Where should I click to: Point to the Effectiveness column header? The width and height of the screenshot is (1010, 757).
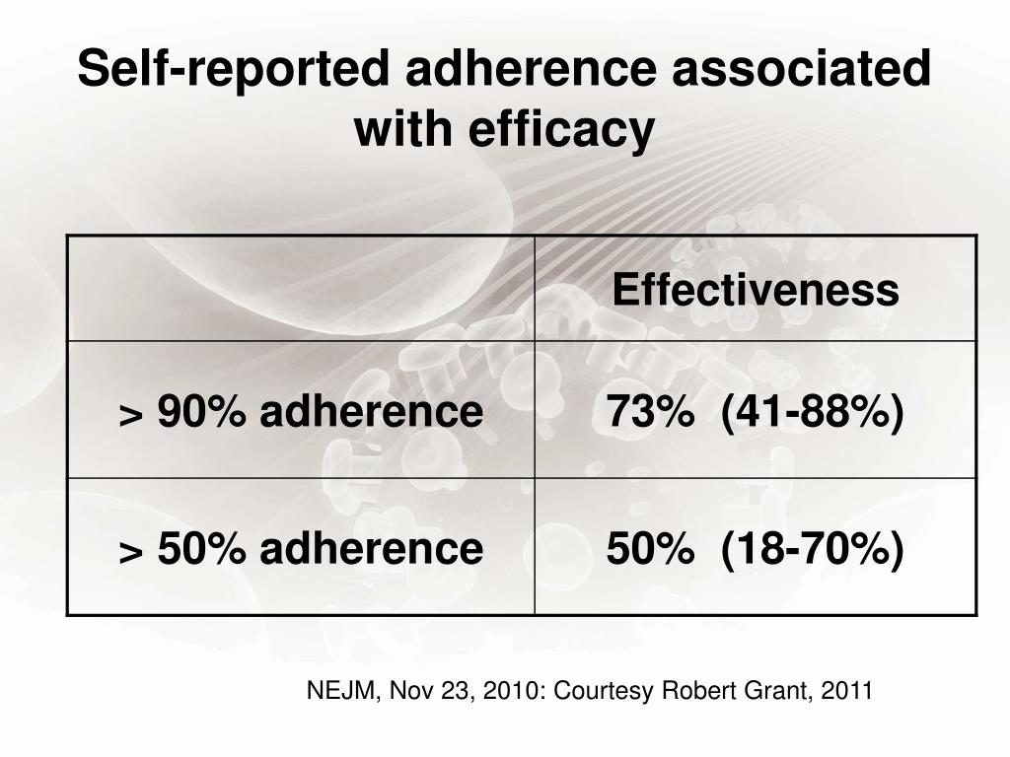(x=756, y=290)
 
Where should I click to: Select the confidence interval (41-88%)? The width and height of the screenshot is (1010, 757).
(x=813, y=412)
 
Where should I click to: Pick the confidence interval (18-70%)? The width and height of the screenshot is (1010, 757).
(x=813, y=550)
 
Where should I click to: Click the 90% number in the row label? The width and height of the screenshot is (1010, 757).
(x=201, y=411)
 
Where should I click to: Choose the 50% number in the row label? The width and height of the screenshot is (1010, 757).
(x=201, y=548)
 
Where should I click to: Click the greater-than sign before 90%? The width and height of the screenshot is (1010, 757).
(x=131, y=416)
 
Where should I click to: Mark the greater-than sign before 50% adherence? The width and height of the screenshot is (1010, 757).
(x=131, y=554)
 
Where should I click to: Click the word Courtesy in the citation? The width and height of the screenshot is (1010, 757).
(x=605, y=691)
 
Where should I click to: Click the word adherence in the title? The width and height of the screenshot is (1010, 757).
(x=531, y=68)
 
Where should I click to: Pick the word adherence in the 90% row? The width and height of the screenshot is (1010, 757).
(x=372, y=411)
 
